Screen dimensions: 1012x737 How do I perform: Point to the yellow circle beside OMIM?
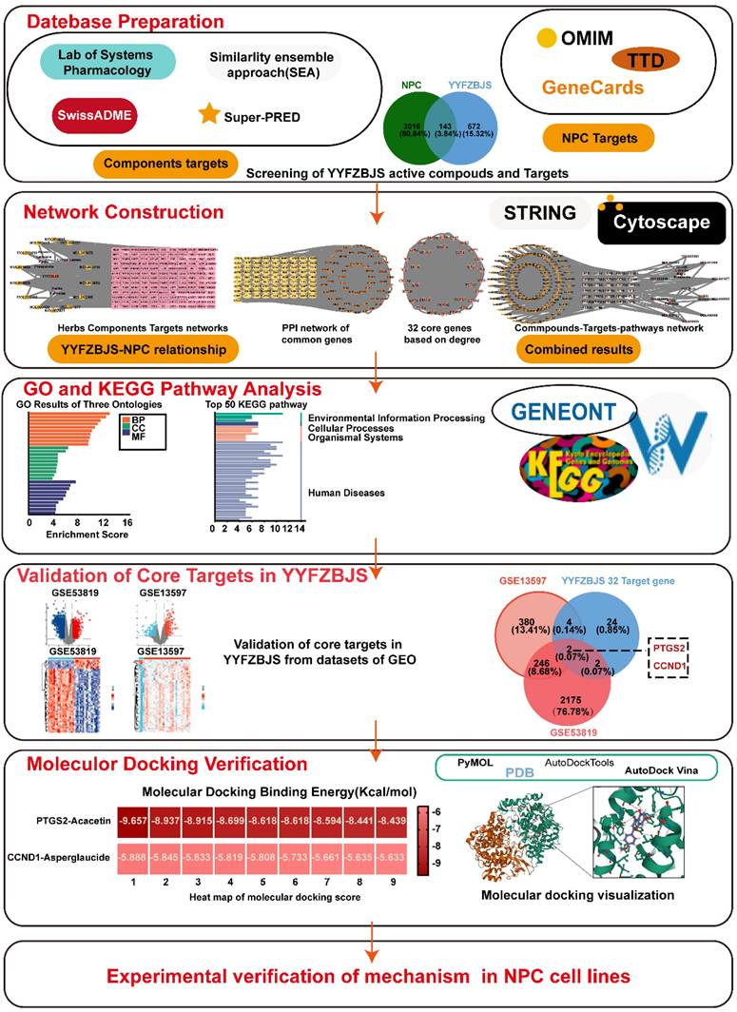tap(545, 40)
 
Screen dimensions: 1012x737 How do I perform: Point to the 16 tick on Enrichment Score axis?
tap(127, 523)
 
